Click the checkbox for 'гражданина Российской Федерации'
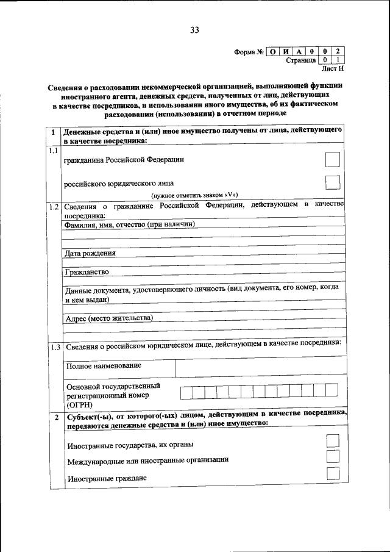click(x=333, y=159)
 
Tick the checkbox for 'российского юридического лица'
click(x=333, y=182)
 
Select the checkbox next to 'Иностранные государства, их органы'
click(x=333, y=441)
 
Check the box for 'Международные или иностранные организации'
click(x=333, y=457)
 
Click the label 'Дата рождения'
click(x=90, y=253)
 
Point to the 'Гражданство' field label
click(x=87, y=271)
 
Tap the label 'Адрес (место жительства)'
click(x=108, y=318)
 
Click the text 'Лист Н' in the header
click(x=333, y=70)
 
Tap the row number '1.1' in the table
click(x=53, y=151)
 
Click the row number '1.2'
click(x=53, y=206)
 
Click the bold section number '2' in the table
click(x=55, y=417)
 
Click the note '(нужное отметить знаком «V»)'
click(x=194, y=195)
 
